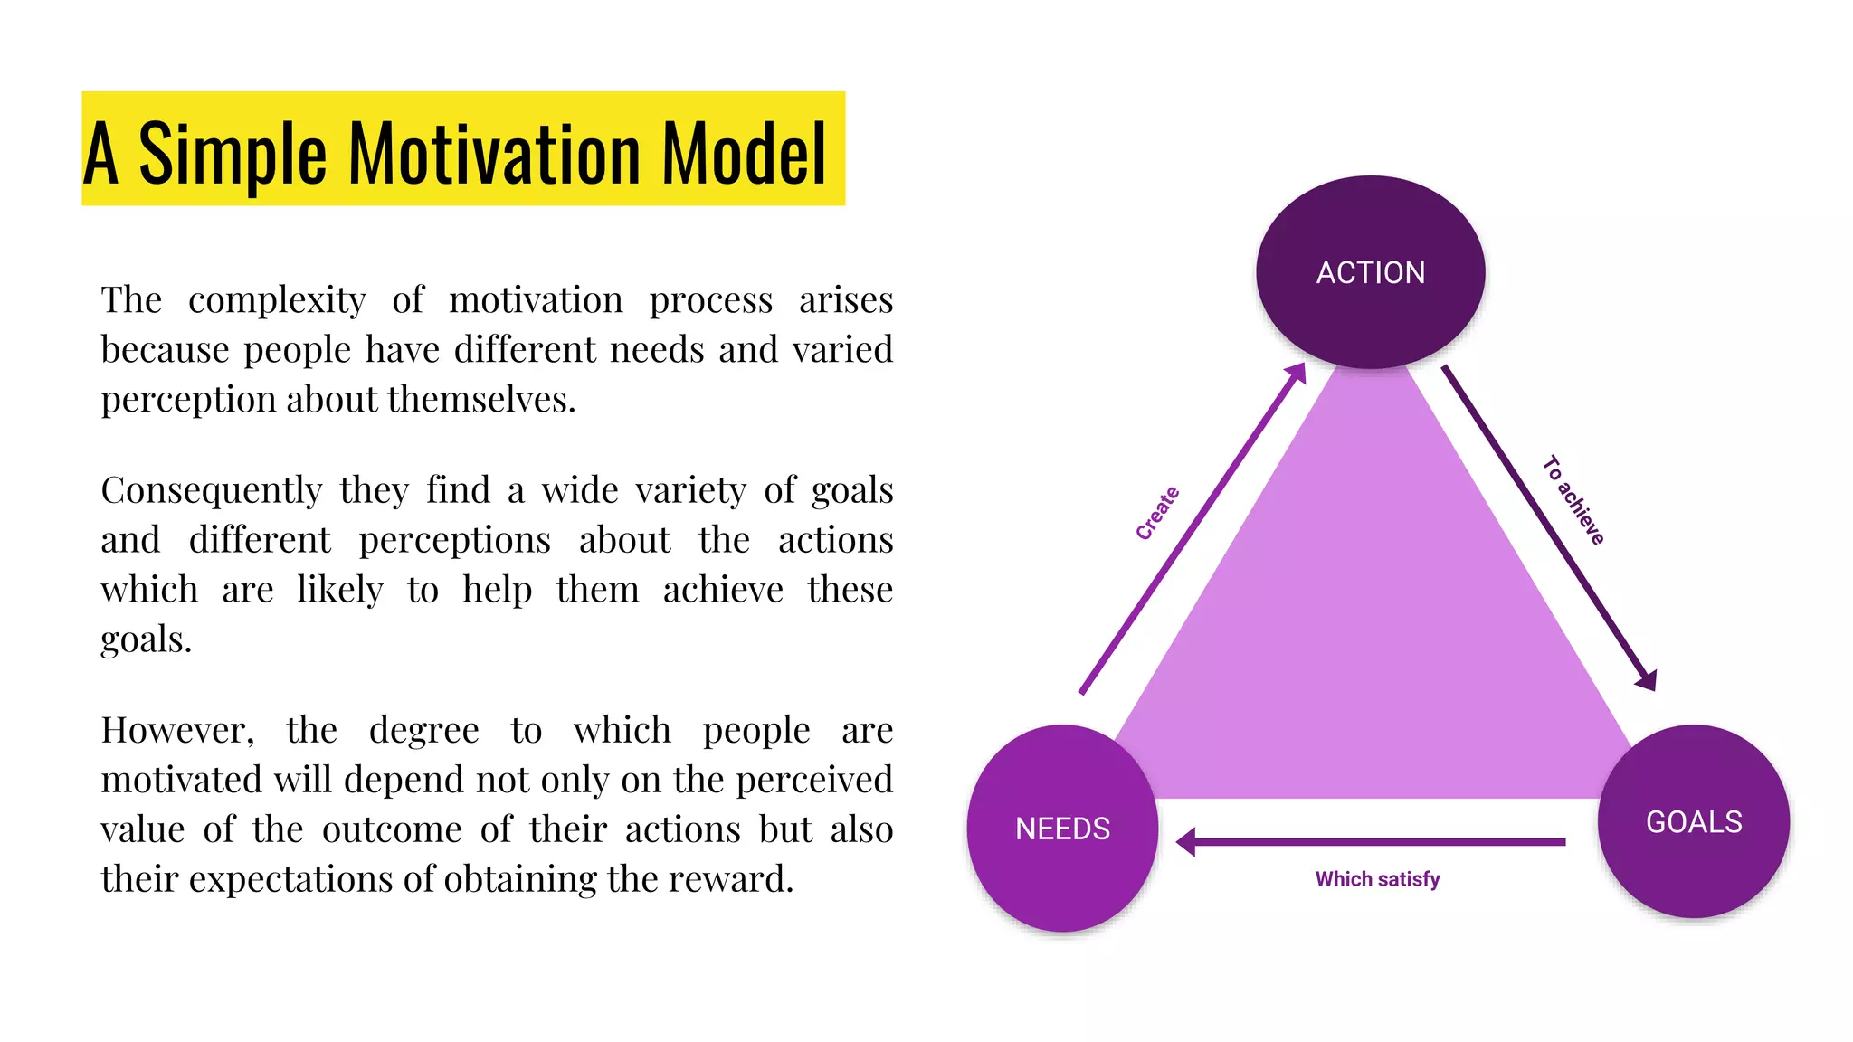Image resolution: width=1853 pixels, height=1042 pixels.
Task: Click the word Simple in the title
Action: (232, 155)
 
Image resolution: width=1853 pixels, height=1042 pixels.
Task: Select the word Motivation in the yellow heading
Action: (495, 153)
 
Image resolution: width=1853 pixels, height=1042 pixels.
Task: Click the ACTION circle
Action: (1370, 272)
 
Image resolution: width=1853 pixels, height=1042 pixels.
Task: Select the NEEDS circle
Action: (1062, 829)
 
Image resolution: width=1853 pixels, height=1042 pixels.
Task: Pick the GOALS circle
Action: (1694, 822)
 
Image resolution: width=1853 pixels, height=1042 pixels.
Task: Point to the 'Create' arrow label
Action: (1157, 513)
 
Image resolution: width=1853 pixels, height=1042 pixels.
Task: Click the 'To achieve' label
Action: (1573, 500)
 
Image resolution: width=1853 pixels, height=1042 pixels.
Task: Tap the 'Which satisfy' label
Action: (1377, 879)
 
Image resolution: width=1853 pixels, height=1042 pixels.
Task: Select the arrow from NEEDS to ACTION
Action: (1193, 529)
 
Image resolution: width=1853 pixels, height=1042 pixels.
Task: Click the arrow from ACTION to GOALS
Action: (1549, 528)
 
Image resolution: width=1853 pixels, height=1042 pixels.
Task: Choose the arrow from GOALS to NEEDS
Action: (1371, 842)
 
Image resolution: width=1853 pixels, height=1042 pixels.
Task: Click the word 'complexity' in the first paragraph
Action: (277, 300)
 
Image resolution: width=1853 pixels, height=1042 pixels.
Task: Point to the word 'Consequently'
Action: (211, 491)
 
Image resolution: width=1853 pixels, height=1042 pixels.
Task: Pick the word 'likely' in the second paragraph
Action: (339, 591)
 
